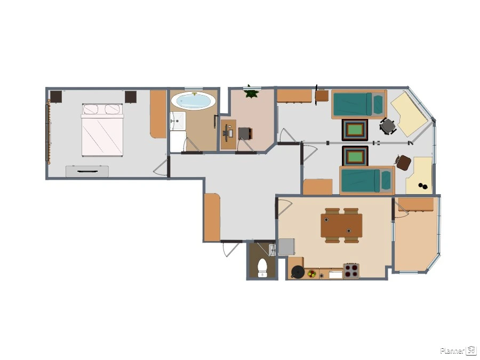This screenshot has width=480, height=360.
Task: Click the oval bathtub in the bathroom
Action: click(x=193, y=100)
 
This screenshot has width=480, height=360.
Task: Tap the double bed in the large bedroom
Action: click(x=102, y=130)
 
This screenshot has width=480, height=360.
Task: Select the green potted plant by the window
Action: click(x=252, y=92)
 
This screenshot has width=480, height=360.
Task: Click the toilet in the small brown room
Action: click(x=262, y=268)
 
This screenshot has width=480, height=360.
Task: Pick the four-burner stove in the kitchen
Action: click(x=351, y=270)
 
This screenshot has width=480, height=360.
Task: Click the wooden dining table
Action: click(x=341, y=225)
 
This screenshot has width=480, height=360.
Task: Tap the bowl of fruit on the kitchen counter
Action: click(x=312, y=274)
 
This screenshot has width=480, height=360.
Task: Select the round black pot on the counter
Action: click(x=297, y=272)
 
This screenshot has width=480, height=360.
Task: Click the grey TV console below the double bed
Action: click(x=87, y=171)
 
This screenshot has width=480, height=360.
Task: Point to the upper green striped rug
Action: click(x=355, y=130)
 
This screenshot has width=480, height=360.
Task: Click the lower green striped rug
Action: click(x=355, y=156)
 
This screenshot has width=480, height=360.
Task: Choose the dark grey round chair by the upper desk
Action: click(x=388, y=126)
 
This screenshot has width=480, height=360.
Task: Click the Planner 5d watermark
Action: click(x=458, y=350)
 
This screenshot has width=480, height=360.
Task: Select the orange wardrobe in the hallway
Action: click(x=212, y=217)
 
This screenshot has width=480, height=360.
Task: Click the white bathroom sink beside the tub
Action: click(x=178, y=121)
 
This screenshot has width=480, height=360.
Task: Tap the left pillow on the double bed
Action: click(x=91, y=109)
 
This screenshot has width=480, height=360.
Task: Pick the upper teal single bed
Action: click(x=359, y=105)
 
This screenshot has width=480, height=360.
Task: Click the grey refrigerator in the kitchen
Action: click(x=286, y=247)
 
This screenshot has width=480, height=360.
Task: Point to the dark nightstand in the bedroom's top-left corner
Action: click(x=57, y=97)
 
